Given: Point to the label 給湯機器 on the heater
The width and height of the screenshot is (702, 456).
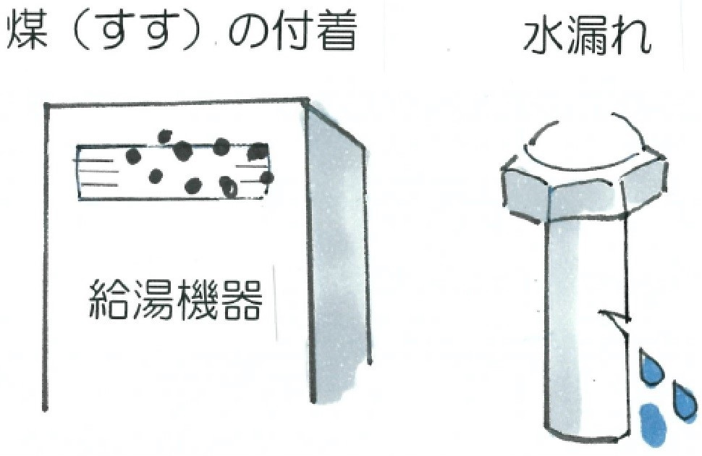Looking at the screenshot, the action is (x=175, y=300).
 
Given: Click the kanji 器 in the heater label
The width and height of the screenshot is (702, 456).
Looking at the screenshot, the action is (x=241, y=300).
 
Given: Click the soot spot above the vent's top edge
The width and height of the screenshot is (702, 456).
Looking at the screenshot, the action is (x=164, y=136).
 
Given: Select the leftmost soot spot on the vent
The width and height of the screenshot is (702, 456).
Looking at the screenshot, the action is (x=133, y=156).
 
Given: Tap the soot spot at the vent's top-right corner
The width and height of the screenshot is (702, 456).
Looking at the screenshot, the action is (x=258, y=152).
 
